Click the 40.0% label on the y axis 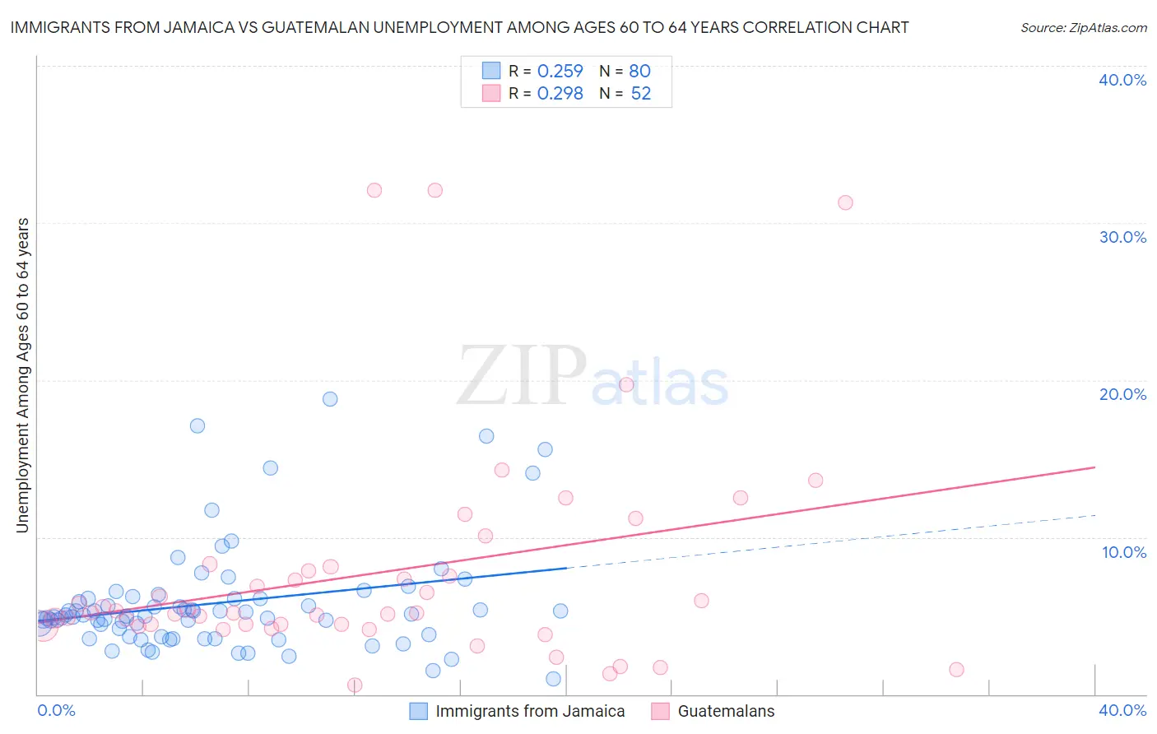(x=1122, y=80)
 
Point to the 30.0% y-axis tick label (x=1122, y=237)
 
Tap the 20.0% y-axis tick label (x=1122, y=394)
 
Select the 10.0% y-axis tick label (x=1124, y=551)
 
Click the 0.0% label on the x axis (x=56, y=710)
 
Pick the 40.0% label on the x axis (x=1122, y=710)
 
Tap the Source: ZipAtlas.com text (x=1083, y=27)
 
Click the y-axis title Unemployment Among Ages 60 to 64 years (x=22, y=375)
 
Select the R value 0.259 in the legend (x=560, y=71)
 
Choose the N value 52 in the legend (x=640, y=93)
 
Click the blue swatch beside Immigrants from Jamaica (x=419, y=711)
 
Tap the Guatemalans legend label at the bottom (x=726, y=711)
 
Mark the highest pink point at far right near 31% (x=845, y=202)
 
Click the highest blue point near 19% (x=330, y=399)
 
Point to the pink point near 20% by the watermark (x=626, y=384)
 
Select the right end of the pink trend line (x=1094, y=467)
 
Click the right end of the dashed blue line (x=1095, y=515)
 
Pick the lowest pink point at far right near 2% (x=956, y=670)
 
